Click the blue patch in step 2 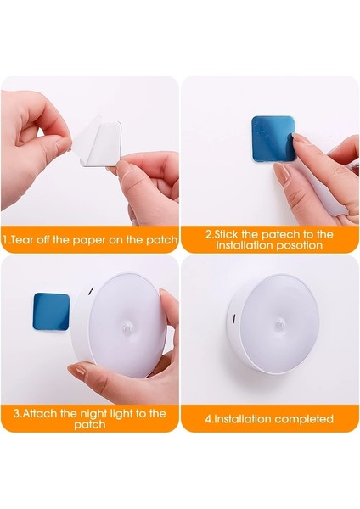pos(273,138)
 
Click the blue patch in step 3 pos(51,311)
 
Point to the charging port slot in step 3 pos(90,291)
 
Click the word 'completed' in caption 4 pos(304,419)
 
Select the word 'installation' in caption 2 pos(245,245)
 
